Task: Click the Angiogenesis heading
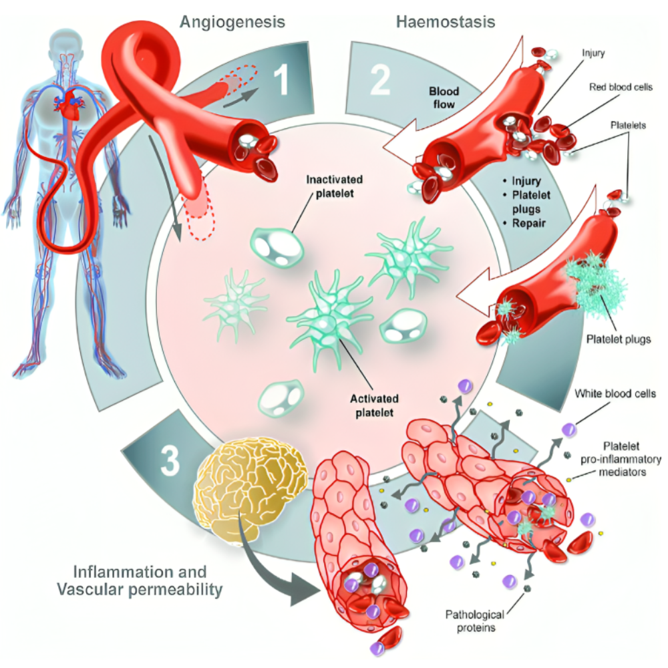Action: pyautogui.click(x=232, y=21)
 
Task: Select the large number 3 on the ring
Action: pyautogui.click(x=169, y=459)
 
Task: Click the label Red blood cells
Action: pyautogui.click(x=621, y=87)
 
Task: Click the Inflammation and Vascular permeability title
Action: pyautogui.click(x=148, y=580)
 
